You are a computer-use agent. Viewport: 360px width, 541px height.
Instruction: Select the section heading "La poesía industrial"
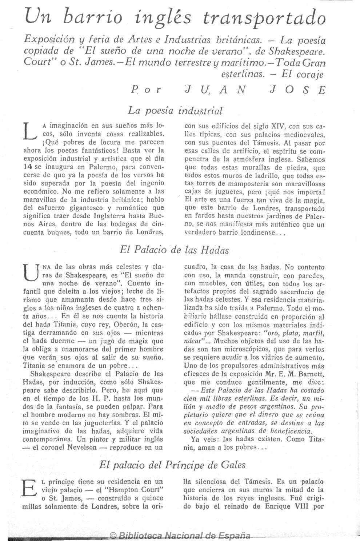tap(175, 110)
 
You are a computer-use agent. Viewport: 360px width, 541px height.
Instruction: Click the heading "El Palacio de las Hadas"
tap(174, 250)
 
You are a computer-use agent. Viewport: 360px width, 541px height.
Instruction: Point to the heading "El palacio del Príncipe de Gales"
tap(172, 465)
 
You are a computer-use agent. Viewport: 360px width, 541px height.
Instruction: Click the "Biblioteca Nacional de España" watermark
tap(180, 536)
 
